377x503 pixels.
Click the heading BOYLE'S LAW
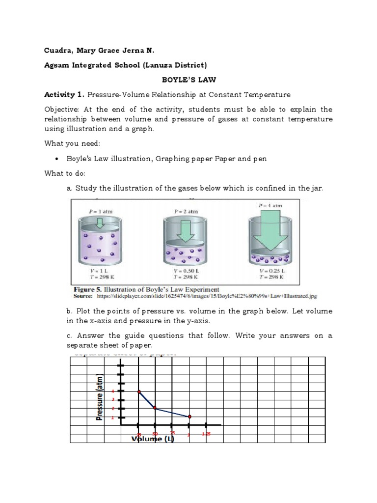point(188,79)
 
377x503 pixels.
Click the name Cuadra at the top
point(58,50)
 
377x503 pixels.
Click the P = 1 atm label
point(101,211)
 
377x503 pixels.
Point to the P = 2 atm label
point(186,211)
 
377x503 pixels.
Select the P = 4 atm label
point(270,205)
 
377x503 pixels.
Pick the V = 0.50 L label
point(186,270)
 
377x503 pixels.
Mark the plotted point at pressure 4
point(139,391)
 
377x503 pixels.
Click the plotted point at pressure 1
point(189,417)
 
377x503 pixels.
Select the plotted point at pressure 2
point(155,408)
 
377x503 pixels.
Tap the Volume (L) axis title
point(153,439)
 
